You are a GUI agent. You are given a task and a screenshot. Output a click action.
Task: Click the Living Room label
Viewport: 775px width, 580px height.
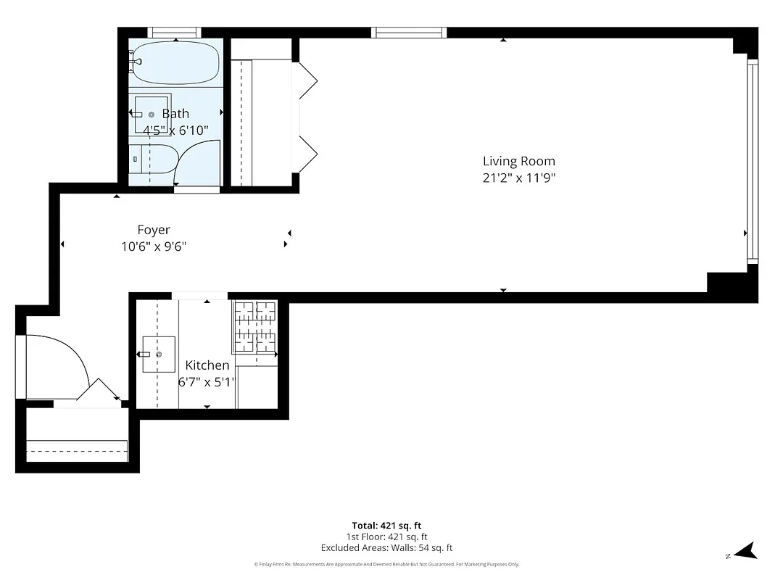click(x=518, y=161)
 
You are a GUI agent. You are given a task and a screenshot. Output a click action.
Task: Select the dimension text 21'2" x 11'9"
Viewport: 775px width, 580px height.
click(x=518, y=178)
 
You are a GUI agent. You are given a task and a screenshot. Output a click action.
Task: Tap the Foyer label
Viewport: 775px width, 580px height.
click(x=154, y=230)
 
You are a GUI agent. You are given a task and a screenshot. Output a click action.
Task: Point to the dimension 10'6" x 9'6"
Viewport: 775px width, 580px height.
click(x=154, y=246)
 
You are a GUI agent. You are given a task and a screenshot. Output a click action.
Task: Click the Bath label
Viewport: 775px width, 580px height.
click(x=175, y=114)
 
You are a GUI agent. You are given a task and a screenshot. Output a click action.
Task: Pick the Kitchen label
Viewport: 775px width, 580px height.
click(x=207, y=365)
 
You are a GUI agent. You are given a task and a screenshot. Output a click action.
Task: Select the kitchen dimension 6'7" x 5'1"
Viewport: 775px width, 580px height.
click(x=207, y=382)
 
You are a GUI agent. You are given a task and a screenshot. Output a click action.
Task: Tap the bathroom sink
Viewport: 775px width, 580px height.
click(x=150, y=115)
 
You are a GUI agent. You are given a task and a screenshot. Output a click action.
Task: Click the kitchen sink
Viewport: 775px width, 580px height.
click(x=158, y=354)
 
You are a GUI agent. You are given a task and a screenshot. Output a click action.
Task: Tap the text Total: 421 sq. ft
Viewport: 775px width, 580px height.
click(x=386, y=526)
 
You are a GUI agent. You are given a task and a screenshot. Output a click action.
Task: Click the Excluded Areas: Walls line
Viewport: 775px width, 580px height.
click(x=386, y=548)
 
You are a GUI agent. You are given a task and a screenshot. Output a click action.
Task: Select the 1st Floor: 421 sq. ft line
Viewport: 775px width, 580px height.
click(x=386, y=537)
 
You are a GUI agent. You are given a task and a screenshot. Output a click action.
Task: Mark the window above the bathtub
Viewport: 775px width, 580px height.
click(x=174, y=32)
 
